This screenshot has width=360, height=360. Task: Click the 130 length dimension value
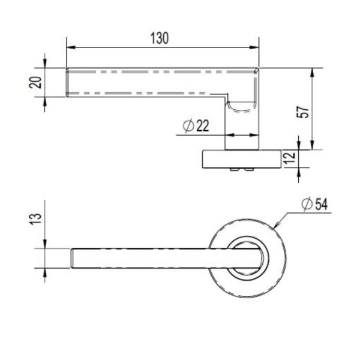(x=159, y=38)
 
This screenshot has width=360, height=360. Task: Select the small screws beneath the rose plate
(x=243, y=172)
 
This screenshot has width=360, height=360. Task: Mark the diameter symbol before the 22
(x=186, y=125)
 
